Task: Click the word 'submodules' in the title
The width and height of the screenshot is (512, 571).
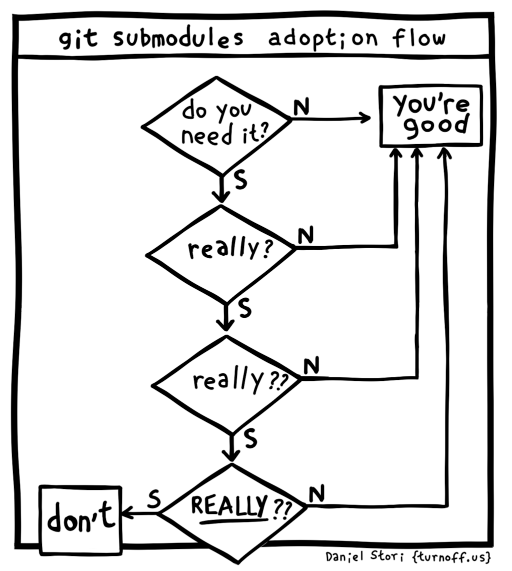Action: [x=178, y=39]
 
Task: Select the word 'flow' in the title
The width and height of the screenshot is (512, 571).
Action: [x=418, y=38]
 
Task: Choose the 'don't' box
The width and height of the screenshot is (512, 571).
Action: [x=80, y=520]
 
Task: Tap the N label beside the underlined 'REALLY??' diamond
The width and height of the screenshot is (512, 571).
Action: [x=316, y=495]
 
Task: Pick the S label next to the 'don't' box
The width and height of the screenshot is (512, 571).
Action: [x=154, y=499]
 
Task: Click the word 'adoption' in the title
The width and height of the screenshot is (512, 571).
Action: [x=323, y=39]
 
